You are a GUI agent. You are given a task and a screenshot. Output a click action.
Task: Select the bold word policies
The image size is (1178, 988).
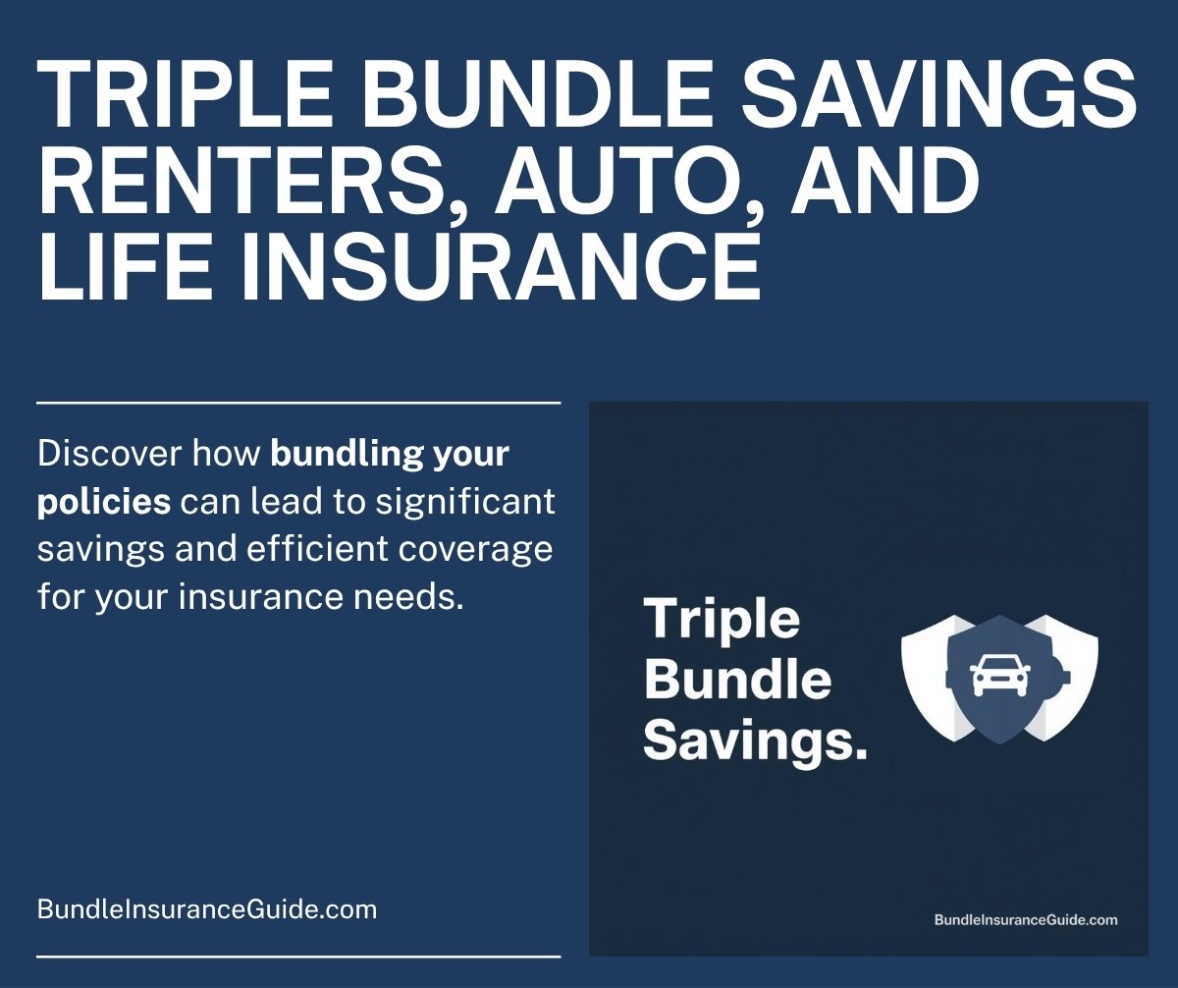click(x=104, y=502)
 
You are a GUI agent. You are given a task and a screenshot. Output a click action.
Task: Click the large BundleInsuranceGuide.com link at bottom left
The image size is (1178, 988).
click(x=207, y=909)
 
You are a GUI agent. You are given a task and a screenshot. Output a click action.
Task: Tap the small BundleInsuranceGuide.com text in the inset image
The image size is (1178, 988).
click(x=1026, y=920)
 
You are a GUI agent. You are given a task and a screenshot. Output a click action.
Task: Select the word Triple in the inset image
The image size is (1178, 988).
click(x=722, y=620)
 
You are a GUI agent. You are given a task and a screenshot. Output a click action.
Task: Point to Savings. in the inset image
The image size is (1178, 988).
click(x=756, y=741)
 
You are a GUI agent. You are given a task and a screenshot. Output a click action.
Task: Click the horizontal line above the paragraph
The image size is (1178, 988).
click(x=298, y=403)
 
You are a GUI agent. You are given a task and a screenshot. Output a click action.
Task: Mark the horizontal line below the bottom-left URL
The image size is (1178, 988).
click(x=298, y=956)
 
